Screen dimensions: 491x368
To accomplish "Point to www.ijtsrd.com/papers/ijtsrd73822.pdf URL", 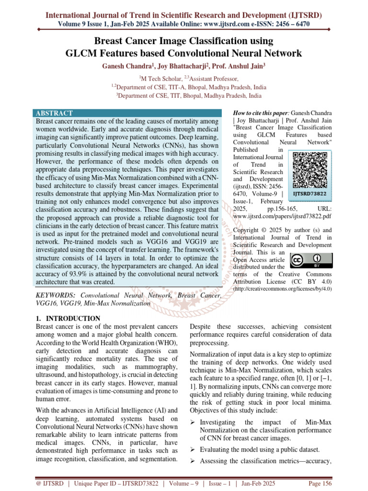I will (282, 216).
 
